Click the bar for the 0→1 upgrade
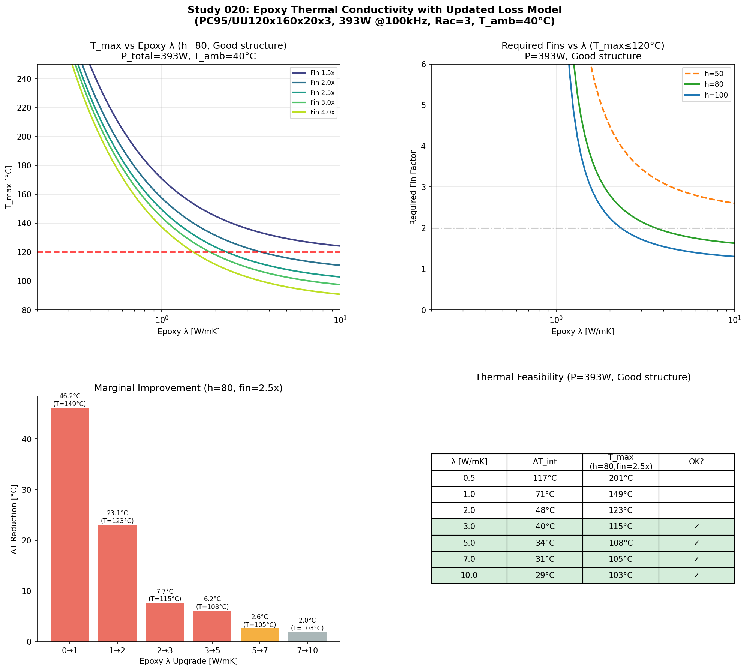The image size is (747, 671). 70,524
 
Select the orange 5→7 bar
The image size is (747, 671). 260,635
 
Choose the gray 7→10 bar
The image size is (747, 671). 307,636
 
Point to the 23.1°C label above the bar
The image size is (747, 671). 117,513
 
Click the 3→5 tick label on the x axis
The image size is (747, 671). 212,650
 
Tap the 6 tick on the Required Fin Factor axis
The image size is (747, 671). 424,64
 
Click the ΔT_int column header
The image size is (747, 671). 545,462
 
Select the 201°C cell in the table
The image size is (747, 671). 621,478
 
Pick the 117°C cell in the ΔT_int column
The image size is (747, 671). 545,478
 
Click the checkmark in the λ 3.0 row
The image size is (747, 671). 696,527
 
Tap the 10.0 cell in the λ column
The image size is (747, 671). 469,575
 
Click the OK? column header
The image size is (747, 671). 696,462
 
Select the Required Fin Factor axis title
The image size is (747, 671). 413,188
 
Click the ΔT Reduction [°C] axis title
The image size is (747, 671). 14,519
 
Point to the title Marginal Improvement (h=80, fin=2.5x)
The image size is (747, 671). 189,388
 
